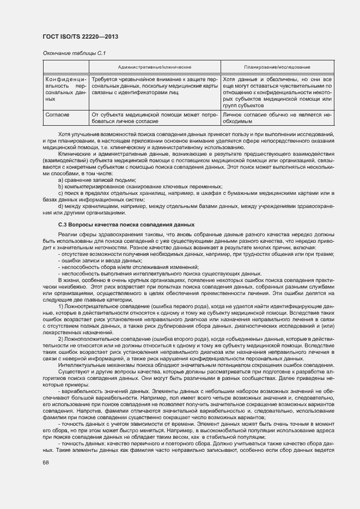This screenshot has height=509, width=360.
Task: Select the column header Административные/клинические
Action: tap(155, 67)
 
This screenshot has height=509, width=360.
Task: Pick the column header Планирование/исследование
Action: tap(278, 67)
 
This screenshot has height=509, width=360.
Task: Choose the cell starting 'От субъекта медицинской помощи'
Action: tap(155, 118)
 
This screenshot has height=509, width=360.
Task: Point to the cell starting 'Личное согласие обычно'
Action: tap(278, 118)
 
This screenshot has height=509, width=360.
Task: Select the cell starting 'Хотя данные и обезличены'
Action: tap(278, 93)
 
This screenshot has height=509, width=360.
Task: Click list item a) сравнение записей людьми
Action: tap(94, 179)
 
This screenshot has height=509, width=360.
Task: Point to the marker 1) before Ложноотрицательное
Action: tap(61, 306)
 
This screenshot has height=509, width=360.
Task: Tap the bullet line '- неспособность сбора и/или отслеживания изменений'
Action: tap(129, 267)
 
